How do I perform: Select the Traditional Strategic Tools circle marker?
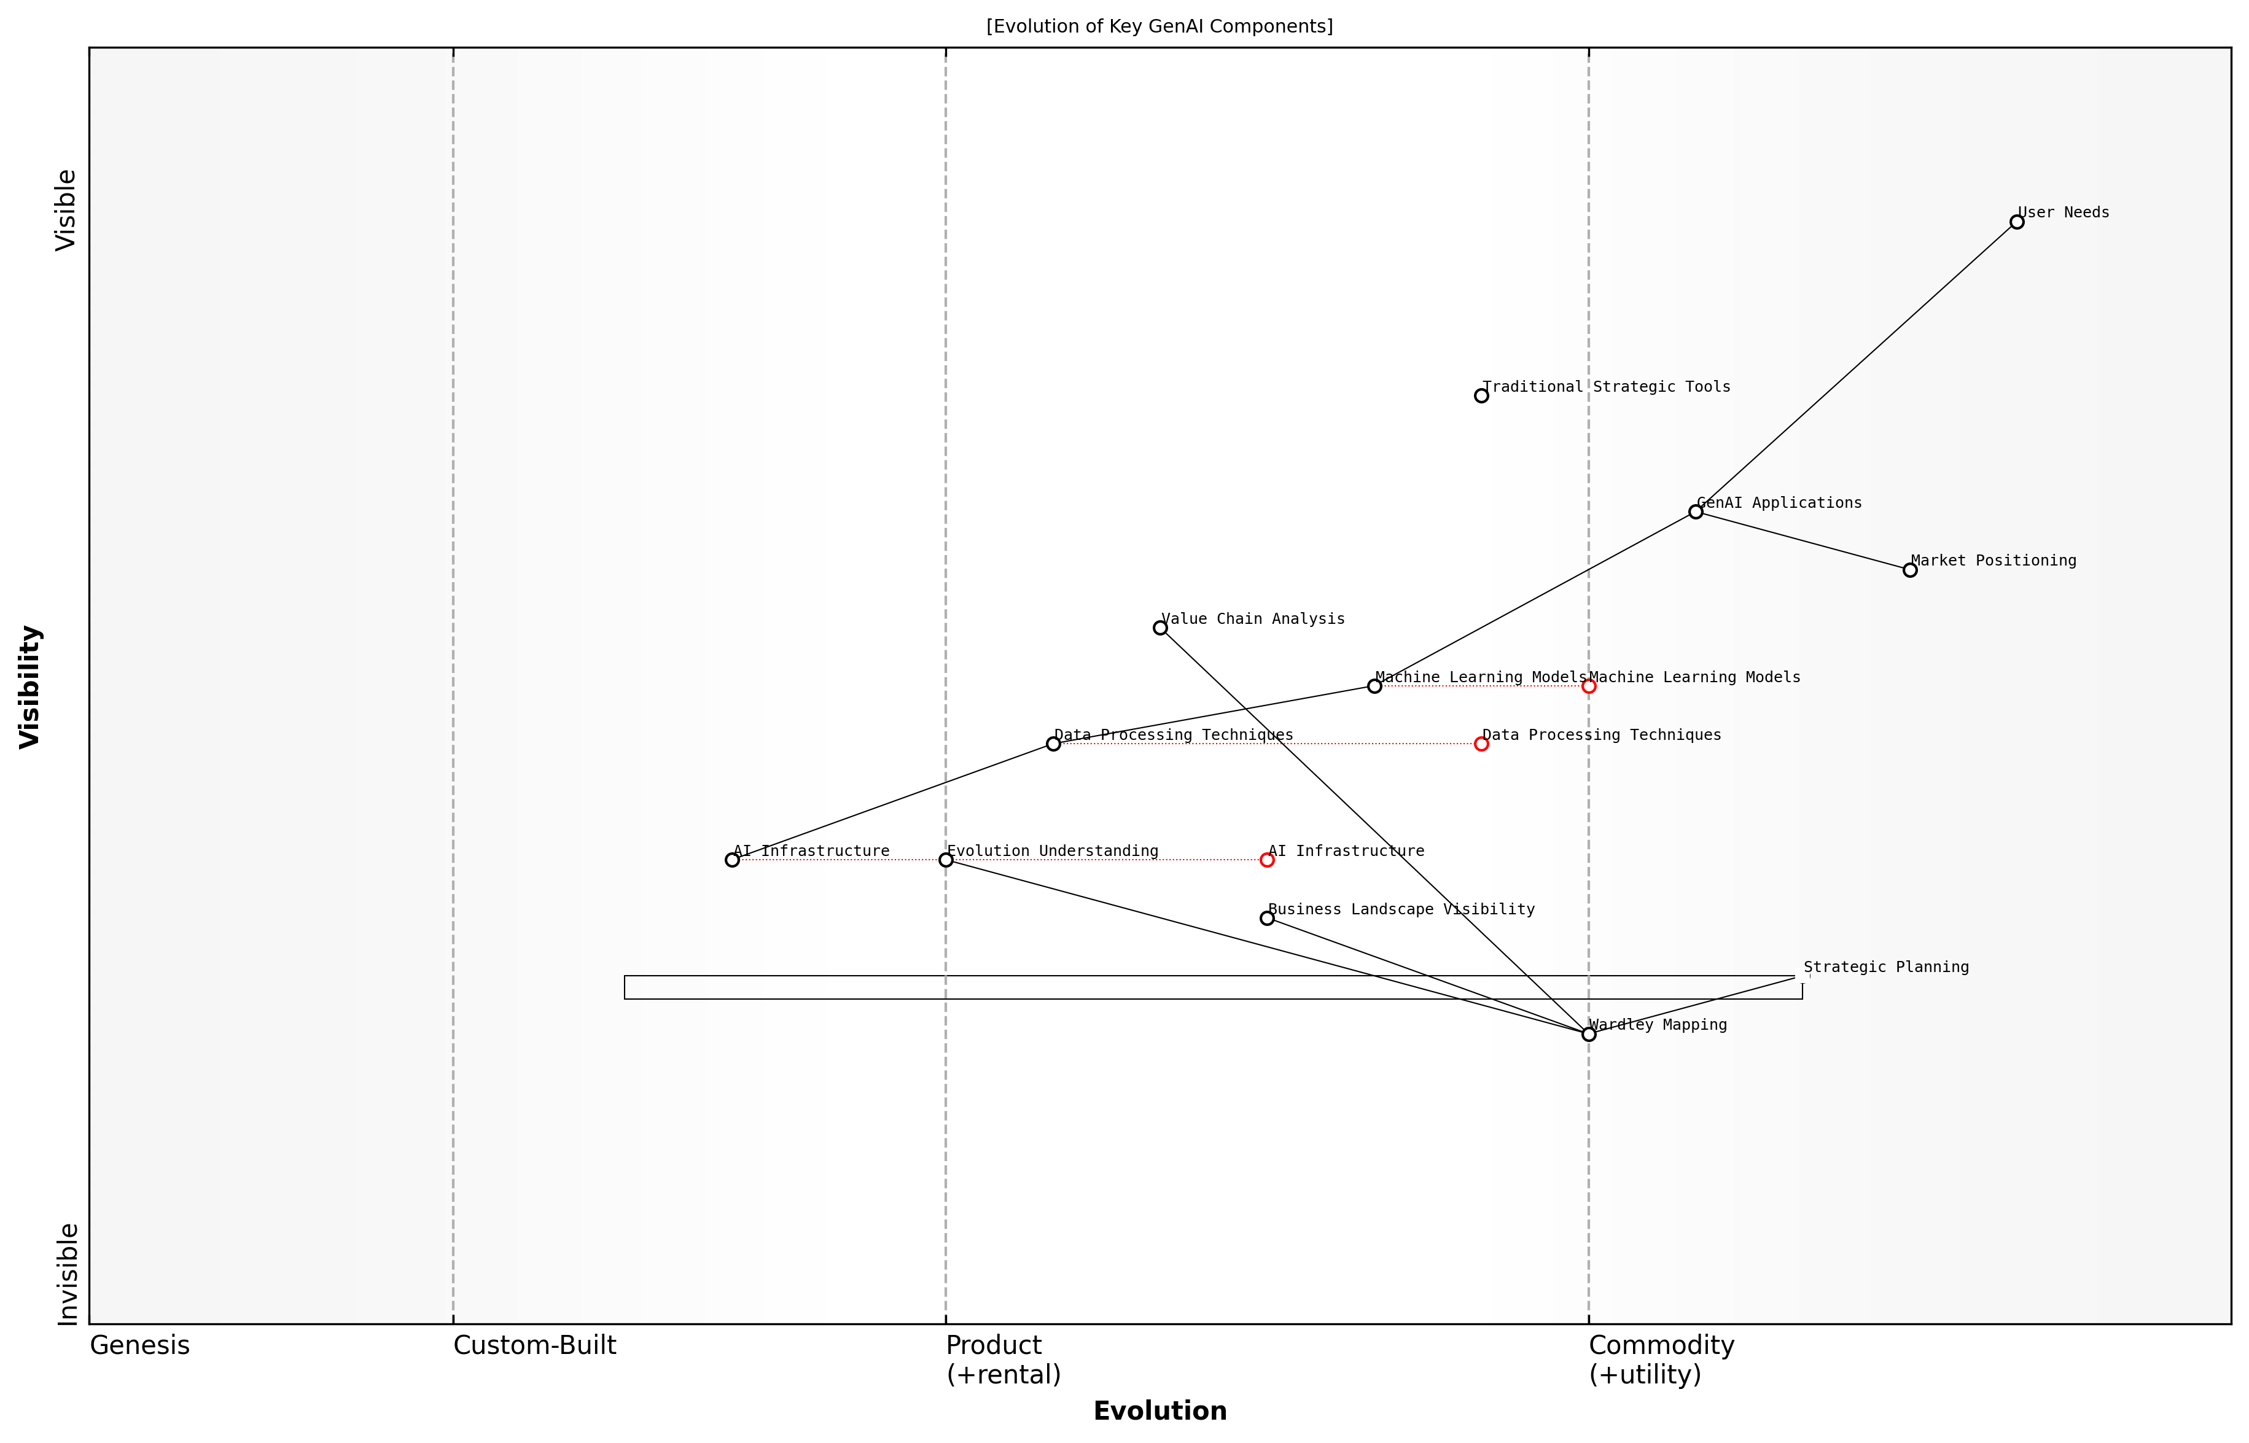(x=1481, y=395)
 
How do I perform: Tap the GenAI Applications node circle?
(x=1695, y=511)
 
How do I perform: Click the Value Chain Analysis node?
(x=1160, y=628)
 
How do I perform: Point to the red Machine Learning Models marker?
(x=1588, y=686)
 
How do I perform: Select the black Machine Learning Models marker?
(x=1374, y=686)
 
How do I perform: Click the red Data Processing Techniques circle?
(x=1481, y=744)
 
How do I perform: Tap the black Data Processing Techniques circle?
(x=1053, y=744)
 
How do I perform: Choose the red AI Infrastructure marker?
(x=1267, y=860)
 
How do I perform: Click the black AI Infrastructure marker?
(x=732, y=860)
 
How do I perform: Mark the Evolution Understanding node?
(x=946, y=860)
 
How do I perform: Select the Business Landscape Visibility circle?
(x=1267, y=918)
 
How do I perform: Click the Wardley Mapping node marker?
(x=1588, y=1035)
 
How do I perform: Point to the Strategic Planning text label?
(x=1885, y=967)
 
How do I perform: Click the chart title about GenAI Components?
(x=1159, y=26)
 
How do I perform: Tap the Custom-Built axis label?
(x=534, y=1345)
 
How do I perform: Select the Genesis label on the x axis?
(x=139, y=1345)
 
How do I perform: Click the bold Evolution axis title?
(x=1159, y=1411)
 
